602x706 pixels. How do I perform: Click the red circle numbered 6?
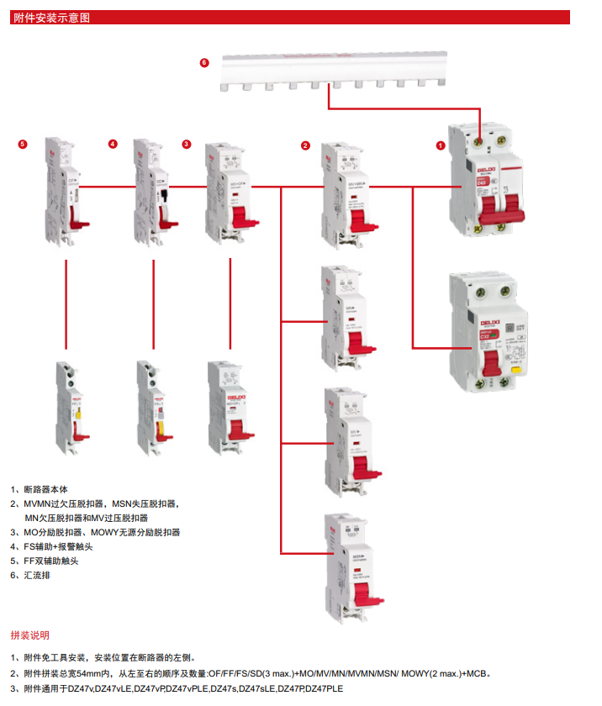pos(203,62)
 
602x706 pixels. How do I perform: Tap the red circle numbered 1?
pos(440,145)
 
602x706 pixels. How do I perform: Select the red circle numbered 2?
pos(305,145)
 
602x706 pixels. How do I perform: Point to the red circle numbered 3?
pos(187,144)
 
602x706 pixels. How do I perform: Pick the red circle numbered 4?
pos(113,144)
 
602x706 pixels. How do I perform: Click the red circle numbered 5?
pos(23,144)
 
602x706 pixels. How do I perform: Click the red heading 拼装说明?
pos(29,635)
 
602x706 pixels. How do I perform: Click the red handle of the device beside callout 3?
pos(244,216)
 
